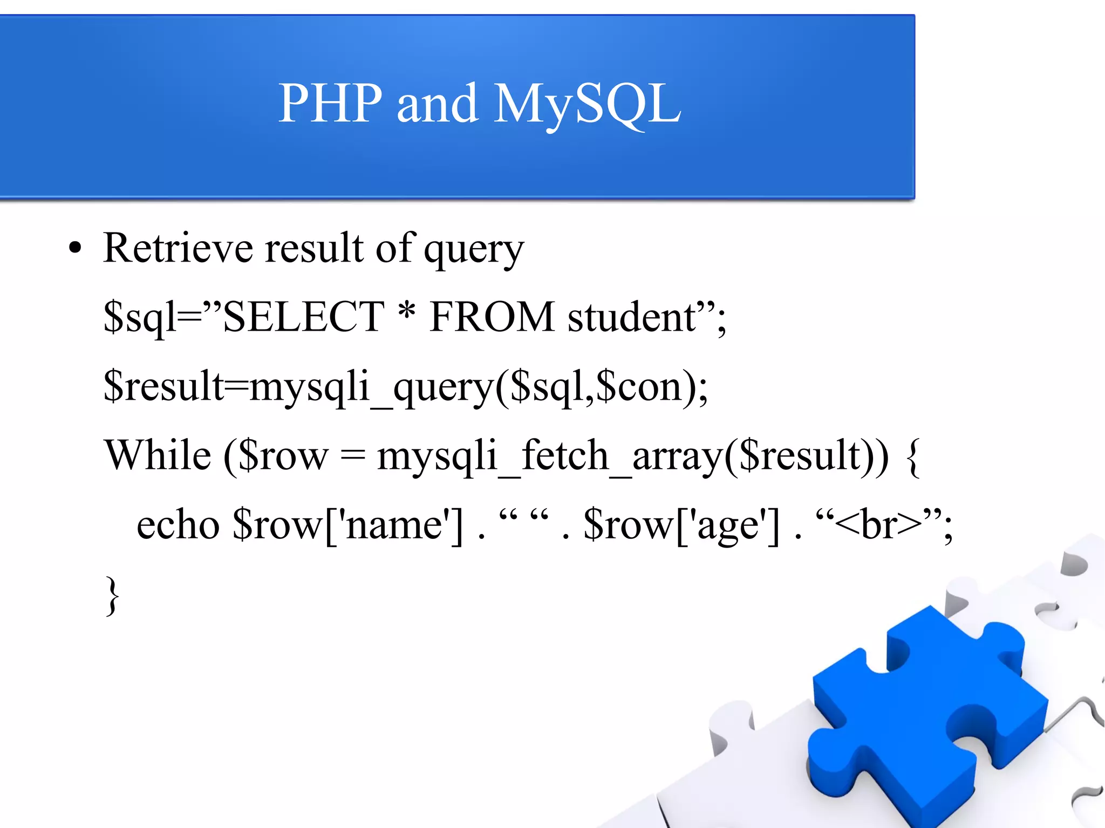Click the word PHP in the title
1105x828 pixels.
point(330,104)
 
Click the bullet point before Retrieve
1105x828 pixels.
point(75,248)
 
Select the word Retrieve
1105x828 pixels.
point(178,248)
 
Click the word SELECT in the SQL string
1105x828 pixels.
point(303,317)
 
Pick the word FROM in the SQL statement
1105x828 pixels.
point(492,317)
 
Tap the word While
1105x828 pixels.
point(158,456)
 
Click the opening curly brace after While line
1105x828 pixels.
point(912,457)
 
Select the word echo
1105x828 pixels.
point(178,525)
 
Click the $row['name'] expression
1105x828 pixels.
point(347,525)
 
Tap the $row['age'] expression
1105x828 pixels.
point(681,525)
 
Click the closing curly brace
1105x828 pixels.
point(112,595)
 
